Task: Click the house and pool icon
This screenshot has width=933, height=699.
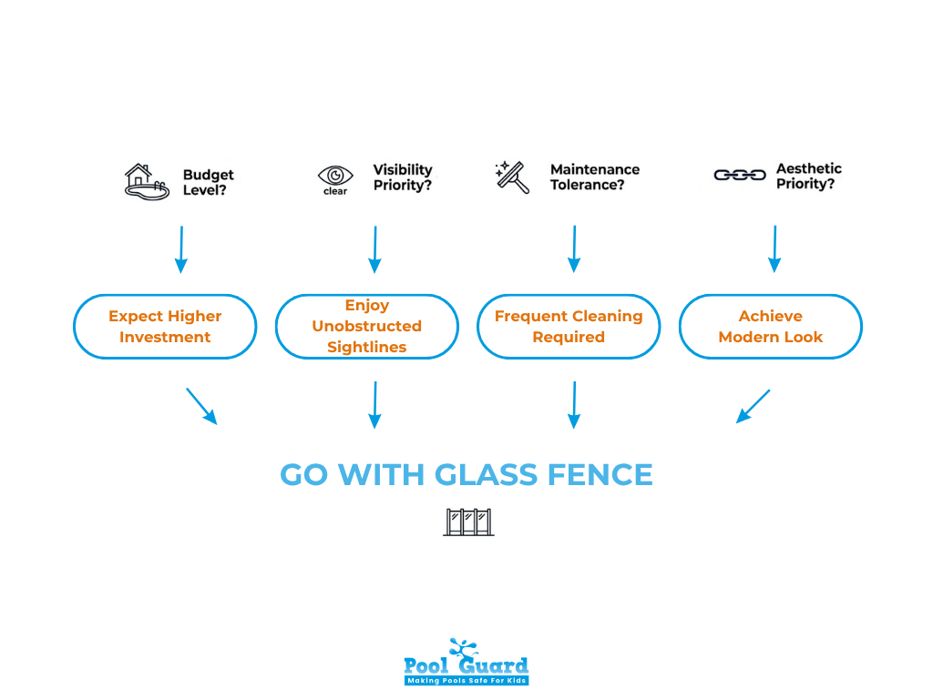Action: (x=147, y=181)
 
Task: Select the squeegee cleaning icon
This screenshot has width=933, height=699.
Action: (x=512, y=177)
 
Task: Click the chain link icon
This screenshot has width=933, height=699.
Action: (x=739, y=175)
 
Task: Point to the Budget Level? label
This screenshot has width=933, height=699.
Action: (x=208, y=182)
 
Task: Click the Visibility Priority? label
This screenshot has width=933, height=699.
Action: (x=402, y=177)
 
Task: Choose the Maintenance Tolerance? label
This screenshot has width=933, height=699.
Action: (x=594, y=177)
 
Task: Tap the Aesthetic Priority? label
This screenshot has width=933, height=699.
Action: (x=808, y=177)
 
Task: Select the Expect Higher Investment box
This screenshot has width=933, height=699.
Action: (x=165, y=327)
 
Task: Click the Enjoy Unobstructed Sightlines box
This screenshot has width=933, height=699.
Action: (x=366, y=327)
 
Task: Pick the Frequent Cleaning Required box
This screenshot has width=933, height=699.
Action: (x=569, y=327)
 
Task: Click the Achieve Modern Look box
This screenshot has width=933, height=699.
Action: (x=770, y=327)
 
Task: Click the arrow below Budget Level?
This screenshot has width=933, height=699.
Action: (x=180, y=249)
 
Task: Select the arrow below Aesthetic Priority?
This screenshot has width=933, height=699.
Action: (x=774, y=249)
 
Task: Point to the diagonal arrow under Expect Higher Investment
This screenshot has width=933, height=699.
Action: (x=202, y=407)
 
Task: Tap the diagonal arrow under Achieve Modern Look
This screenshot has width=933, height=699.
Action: (x=753, y=407)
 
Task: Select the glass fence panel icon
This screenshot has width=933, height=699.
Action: (x=468, y=522)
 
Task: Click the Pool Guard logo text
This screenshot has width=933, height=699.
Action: (x=466, y=664)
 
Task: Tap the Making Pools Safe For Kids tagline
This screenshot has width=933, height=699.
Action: (x=466, y=680)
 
